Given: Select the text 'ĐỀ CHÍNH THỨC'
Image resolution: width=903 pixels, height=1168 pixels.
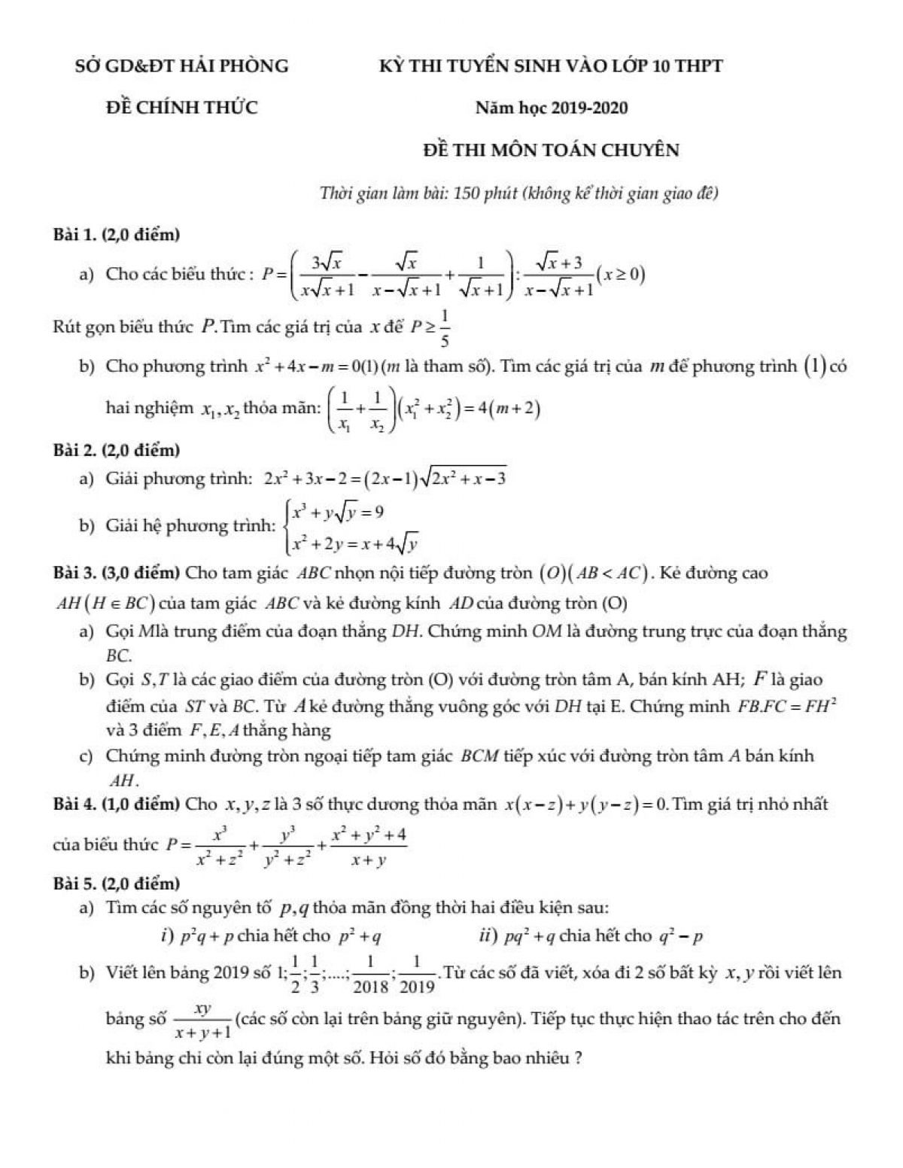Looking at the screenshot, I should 181,108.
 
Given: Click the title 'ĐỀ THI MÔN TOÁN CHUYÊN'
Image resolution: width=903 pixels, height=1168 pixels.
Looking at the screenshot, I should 551,150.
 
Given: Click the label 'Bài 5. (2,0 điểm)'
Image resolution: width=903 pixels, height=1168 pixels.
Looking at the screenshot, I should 117,882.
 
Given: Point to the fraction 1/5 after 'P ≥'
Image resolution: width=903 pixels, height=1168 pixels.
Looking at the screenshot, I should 445,330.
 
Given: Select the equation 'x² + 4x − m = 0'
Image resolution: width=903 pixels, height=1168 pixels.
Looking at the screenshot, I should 309,367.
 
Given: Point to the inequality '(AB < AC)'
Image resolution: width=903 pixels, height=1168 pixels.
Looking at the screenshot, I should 610,573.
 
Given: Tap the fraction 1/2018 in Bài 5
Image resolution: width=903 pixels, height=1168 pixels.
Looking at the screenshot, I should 374,975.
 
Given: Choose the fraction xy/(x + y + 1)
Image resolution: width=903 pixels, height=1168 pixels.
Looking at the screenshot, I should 202,1021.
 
